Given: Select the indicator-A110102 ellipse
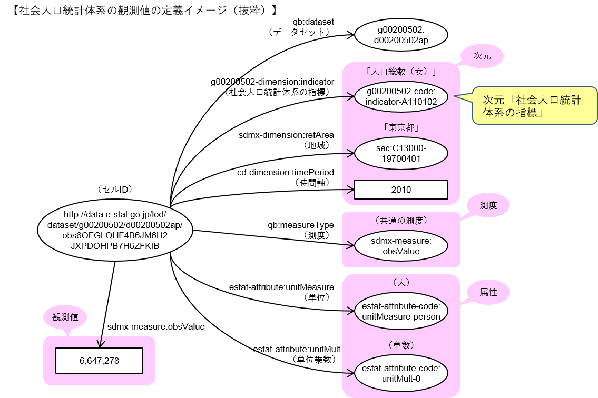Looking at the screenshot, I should (401, 97).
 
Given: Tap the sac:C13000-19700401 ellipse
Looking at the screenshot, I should (401, 153).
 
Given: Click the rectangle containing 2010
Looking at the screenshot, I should (401, 190).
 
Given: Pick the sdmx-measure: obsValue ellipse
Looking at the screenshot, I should (401, 246).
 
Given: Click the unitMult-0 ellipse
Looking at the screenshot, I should (401, 373).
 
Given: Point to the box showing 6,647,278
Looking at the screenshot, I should (100, 361).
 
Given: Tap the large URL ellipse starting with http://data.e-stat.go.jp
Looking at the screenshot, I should (115, 230).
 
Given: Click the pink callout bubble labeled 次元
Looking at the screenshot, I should (482, 56).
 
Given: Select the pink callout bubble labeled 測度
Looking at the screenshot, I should (488, 206).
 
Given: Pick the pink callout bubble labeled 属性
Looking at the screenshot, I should (488, 292).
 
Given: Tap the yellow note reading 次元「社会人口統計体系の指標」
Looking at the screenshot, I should (534, 105).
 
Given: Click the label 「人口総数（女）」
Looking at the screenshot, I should (401, 71).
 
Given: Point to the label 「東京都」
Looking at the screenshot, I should (401, 127).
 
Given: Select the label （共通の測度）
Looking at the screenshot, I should (401, 221).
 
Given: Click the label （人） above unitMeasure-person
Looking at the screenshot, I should (401, 283).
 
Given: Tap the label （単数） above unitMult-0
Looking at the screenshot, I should (401, 345).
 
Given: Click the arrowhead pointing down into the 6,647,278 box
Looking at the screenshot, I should (100, 344).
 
